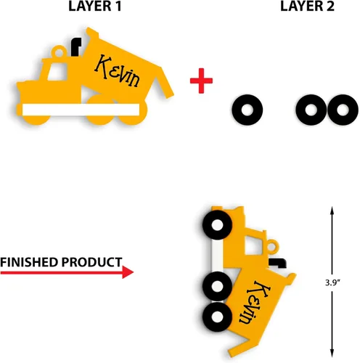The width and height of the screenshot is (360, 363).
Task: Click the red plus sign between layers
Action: tap(201, 81)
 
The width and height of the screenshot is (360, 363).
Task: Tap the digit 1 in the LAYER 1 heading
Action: tap(118, 7)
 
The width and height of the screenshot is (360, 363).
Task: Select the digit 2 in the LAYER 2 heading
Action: tap(330, 7)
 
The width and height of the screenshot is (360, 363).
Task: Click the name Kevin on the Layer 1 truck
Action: tap(117, 70)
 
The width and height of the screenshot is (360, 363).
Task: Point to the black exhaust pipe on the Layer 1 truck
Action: tap(75, 46)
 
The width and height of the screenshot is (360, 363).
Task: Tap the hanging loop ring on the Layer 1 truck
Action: tap(59, 52)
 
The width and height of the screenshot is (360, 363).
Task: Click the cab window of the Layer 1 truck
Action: tap(57, 71)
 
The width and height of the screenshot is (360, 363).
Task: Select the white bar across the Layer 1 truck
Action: tap(81, 110)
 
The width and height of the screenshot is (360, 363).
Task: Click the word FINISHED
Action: tap(29, 262)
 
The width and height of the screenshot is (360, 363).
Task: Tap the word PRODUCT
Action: tap(91, 262)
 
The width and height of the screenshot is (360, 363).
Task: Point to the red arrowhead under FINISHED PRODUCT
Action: tap(128, 272)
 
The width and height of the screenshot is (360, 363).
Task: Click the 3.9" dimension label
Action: tap(332, 282)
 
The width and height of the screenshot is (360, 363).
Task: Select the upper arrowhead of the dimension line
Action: tap(332, 211)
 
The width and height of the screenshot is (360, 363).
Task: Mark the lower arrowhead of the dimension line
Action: tap(332, 354)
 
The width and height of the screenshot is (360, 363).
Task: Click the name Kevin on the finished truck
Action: tap(255, 302)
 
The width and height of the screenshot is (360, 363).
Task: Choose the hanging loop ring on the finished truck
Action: tap(272, 246)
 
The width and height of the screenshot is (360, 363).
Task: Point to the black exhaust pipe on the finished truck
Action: tap(278, 263)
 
